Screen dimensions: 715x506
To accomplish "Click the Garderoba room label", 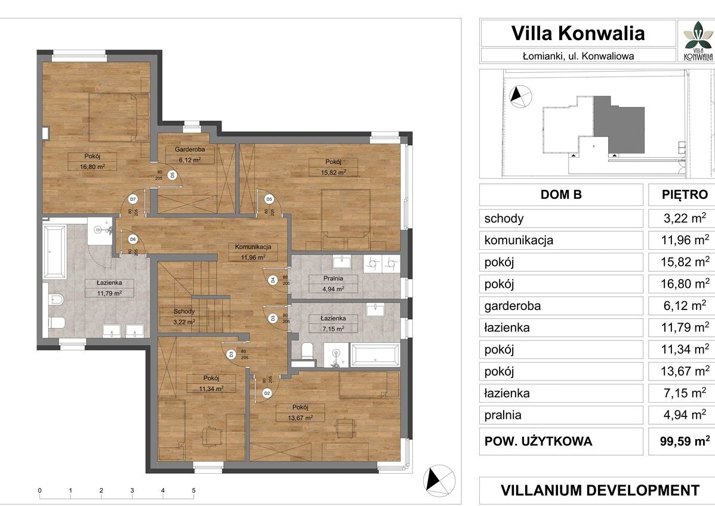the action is coord(190,149).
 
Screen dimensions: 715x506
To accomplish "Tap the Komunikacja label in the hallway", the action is coord(253,247).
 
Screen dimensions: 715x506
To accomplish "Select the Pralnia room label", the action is coord(333,278).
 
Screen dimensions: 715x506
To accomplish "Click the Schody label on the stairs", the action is coord(184,312).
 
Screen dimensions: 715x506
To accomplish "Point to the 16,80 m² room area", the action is coord(93,167).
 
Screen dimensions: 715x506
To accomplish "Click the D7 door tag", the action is coord(132,200).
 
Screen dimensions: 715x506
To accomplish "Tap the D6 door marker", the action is coord(132,239).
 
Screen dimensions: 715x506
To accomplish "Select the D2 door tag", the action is coord(267,393).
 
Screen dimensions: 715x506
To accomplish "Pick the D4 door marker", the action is coord(273,280).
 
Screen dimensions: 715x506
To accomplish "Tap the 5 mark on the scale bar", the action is coord(194,490).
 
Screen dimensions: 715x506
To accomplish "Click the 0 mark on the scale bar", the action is coord(39,490).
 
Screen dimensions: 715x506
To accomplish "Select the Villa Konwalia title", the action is coord(578,33).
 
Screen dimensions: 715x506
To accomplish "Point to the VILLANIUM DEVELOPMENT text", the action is coord(600,490).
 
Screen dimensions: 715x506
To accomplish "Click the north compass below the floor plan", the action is coord(439,480).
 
